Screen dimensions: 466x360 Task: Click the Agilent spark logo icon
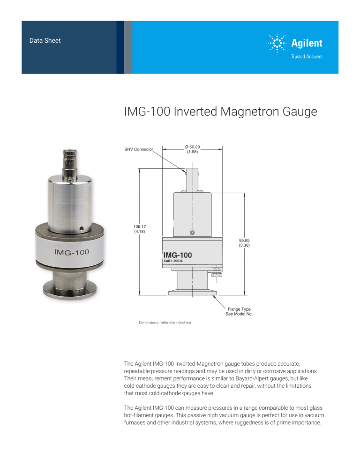coord(277,44)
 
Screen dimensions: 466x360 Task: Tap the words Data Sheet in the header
coord(45,41)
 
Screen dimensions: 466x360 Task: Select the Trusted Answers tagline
coord(307,57)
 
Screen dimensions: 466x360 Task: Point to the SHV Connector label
coord(139,150)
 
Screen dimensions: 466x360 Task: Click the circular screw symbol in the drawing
coord(192,233)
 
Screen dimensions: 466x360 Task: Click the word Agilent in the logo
coord(307,44)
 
